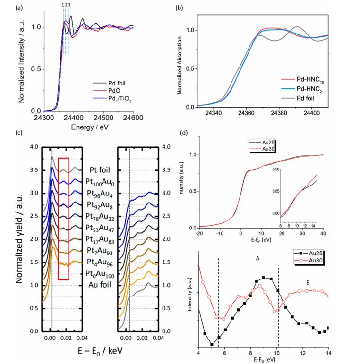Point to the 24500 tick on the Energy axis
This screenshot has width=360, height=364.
(103, 117)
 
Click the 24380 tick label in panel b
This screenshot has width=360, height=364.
(280, 114)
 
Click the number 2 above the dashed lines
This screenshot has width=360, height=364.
(66, 5)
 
